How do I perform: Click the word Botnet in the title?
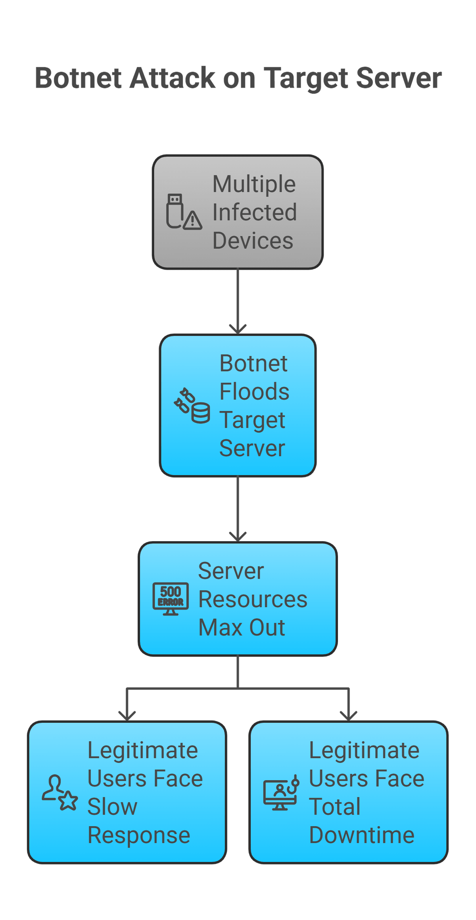point(78,78)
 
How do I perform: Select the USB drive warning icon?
point(184,212)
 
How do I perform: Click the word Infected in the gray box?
point(254,212)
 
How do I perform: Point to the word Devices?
point(253,241)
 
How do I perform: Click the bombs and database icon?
point(192,406)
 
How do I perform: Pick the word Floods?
point(254,392)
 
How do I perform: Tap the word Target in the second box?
point(252,420)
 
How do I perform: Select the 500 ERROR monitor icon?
point(171,599)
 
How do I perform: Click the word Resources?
point(253,599)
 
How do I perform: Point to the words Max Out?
point(241,628)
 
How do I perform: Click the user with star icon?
point(60,793)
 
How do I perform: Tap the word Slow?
point(112,807)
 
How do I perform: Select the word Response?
point(139,835)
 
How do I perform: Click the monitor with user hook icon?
point(281,793)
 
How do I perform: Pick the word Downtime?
point(361,835)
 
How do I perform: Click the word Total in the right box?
point(334,807)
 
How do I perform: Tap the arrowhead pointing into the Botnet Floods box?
point(238,329)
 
